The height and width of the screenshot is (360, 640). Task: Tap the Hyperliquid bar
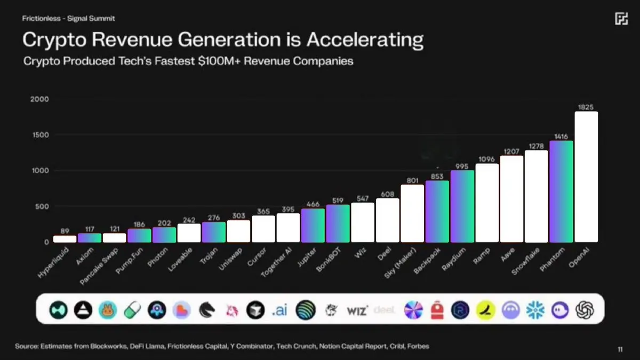[x=65, y=238]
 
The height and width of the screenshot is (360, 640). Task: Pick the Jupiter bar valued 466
[x=313, y=225]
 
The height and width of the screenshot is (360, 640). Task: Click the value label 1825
[x=586, y=107]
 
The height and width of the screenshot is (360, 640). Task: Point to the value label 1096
[x=486, y=159]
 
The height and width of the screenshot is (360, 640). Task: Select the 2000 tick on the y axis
[x=40, y=99]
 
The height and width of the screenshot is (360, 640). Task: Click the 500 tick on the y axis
[x=42, y=206]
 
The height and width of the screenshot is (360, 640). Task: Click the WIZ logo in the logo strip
[x=357, y=310]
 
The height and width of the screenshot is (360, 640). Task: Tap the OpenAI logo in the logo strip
[x=585, y=309]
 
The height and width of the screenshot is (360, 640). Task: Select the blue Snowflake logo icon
[x=535, y=309]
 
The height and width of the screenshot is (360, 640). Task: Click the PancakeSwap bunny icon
[x=107, y=309]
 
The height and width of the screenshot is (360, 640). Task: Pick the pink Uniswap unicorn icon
[x=231, y=309]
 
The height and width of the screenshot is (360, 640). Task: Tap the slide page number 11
[x=620, y=349]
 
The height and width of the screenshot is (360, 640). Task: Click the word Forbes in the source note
[x=419, y=346]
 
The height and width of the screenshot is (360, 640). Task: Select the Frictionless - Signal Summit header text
[x=68, y=18]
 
